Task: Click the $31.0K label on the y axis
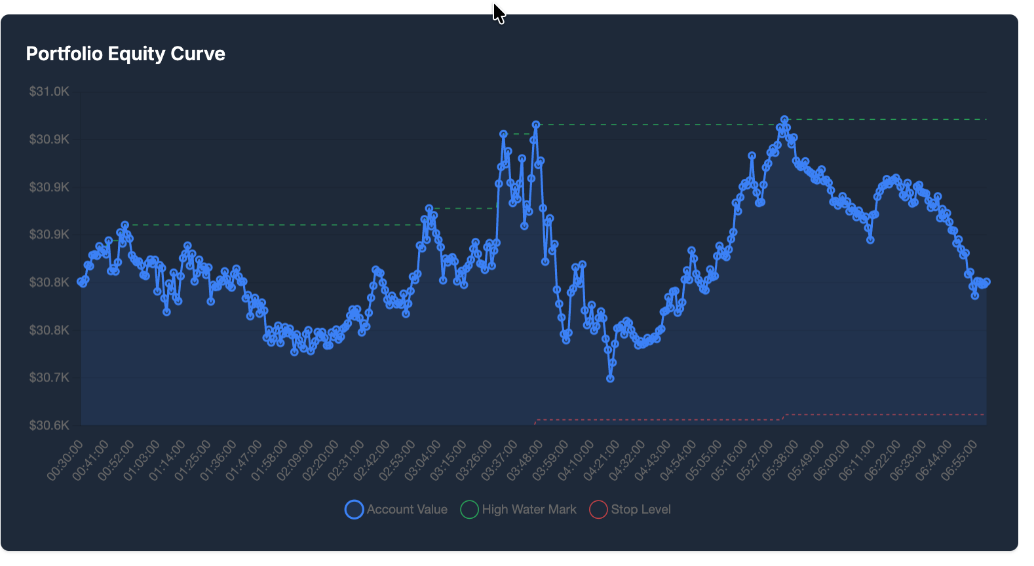point(49,92)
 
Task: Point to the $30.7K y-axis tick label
point(49,378)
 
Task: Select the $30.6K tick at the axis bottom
point(49,425)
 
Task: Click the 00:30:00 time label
point(66,460)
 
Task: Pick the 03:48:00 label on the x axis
point(526,460)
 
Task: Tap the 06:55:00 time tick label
point(960,460)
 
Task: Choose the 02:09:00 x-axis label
point(296,460)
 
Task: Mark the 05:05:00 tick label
point(704,460)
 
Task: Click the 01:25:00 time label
point(194,460)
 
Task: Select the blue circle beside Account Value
point(354,510)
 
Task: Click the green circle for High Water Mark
point(469,510)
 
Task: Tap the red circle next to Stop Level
point(598,510)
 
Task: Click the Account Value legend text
point(407,510)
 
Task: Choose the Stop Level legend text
point(641,510)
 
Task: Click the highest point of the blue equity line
point(784,120)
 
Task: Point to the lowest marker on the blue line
point(610,379)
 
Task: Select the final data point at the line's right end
point(986,282)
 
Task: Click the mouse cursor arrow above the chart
point(498,12)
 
